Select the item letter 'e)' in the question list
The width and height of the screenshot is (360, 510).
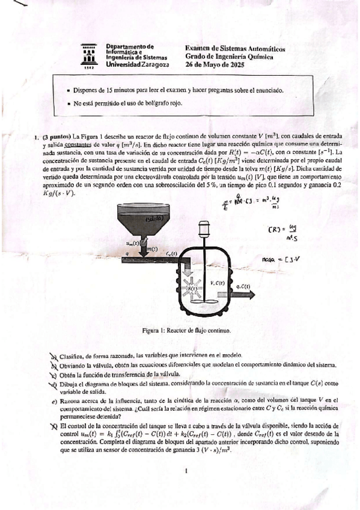(x=55, y=401)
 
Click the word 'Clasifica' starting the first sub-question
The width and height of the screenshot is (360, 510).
(x=75, y=355)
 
